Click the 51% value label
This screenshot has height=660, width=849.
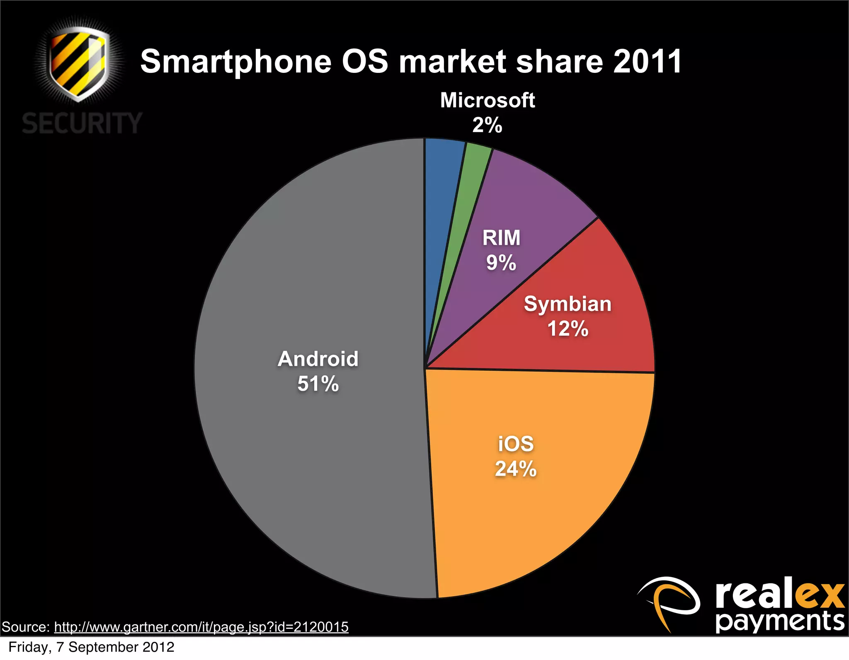(318, 384)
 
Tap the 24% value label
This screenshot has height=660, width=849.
(516, 469)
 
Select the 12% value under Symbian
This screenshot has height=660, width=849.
(568, 329)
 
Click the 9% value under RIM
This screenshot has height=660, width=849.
(501, 263)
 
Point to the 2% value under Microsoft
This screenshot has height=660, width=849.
(487, 125)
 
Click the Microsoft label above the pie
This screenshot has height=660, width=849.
(487, 100)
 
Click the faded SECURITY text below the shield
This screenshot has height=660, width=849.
(82, 123)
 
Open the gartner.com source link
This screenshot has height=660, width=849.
(201, 627)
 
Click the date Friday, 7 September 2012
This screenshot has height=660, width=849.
(91, 647)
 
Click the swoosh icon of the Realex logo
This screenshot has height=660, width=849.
(668, 601)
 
